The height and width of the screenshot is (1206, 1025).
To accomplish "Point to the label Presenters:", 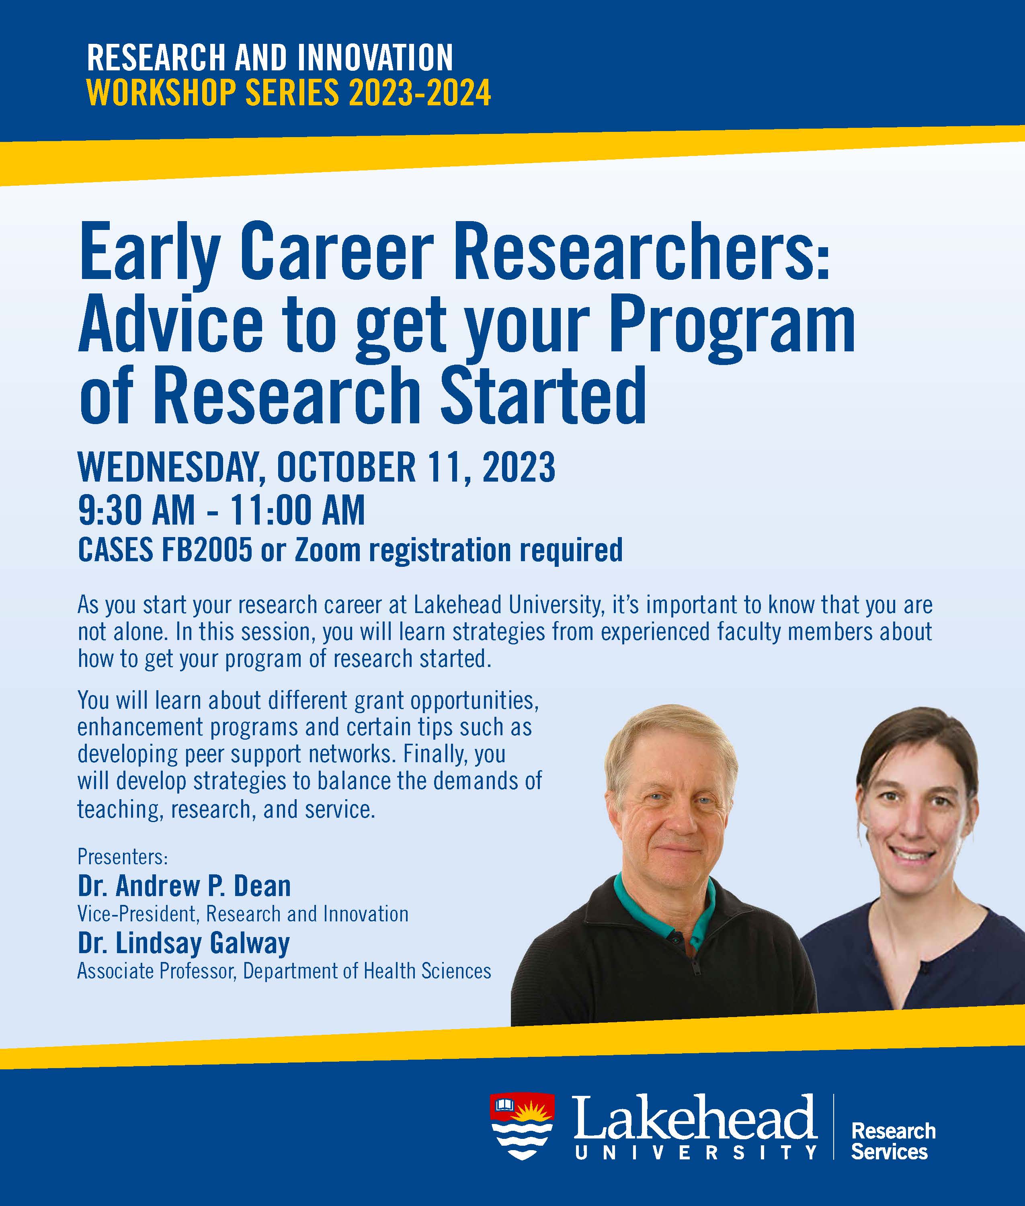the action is coord(123,857).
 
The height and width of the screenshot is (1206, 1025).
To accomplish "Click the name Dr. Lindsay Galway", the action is coord(184,943).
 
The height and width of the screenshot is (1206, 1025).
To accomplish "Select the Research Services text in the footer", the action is coord(893,1142).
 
